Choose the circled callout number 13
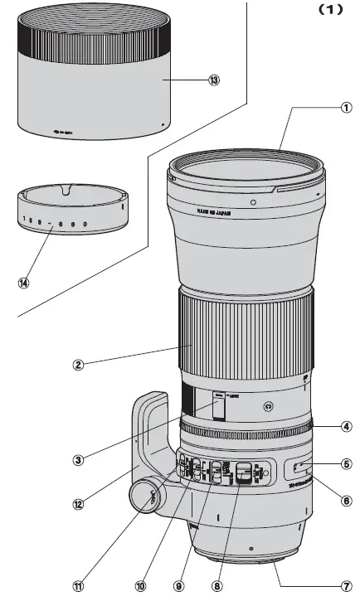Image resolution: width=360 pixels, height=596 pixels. pyautogui.click(x=215, y=81)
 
